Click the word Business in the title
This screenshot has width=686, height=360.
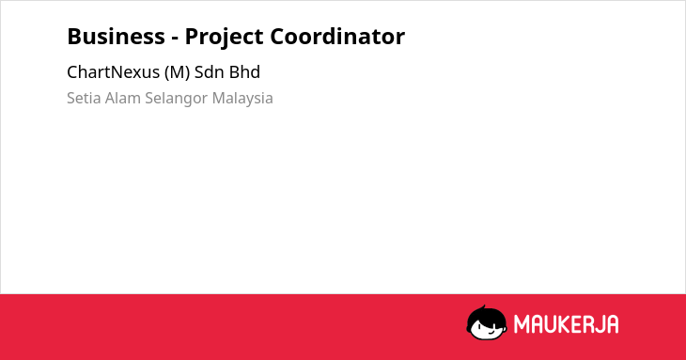coord(116,37)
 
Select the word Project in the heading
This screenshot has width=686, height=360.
coord(223,38)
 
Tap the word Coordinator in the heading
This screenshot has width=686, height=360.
coord(337,37)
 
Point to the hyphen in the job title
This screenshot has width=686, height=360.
coord(175,39)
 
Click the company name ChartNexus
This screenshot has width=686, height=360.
coord(113,72)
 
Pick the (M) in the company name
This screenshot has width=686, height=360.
coord(178,72)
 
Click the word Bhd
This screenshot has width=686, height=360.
coord(244,72)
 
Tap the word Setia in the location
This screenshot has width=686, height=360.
coord(84,98)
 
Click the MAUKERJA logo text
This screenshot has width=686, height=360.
coord(566,324)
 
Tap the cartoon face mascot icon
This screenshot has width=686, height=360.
coord(487,323)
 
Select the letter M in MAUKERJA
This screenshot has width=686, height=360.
coord(522,324)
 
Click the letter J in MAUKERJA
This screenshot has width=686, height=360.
coord(598,324)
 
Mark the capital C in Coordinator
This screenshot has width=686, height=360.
coord(278,37)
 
